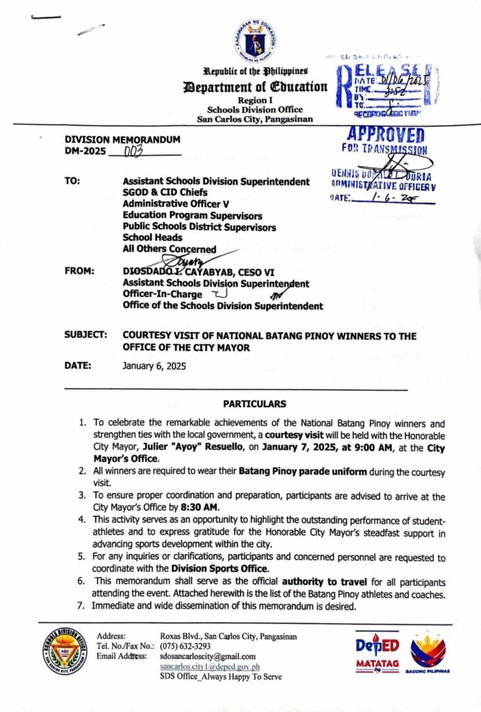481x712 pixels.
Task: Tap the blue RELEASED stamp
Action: pos(386,87)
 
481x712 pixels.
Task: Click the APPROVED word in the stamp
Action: pos(384,135)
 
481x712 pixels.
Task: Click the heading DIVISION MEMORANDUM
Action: pos(122,140)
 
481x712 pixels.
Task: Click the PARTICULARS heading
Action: pos(254,404)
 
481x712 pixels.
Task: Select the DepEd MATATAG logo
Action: pos(377,651)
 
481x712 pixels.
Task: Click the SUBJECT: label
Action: pos(85,336)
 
